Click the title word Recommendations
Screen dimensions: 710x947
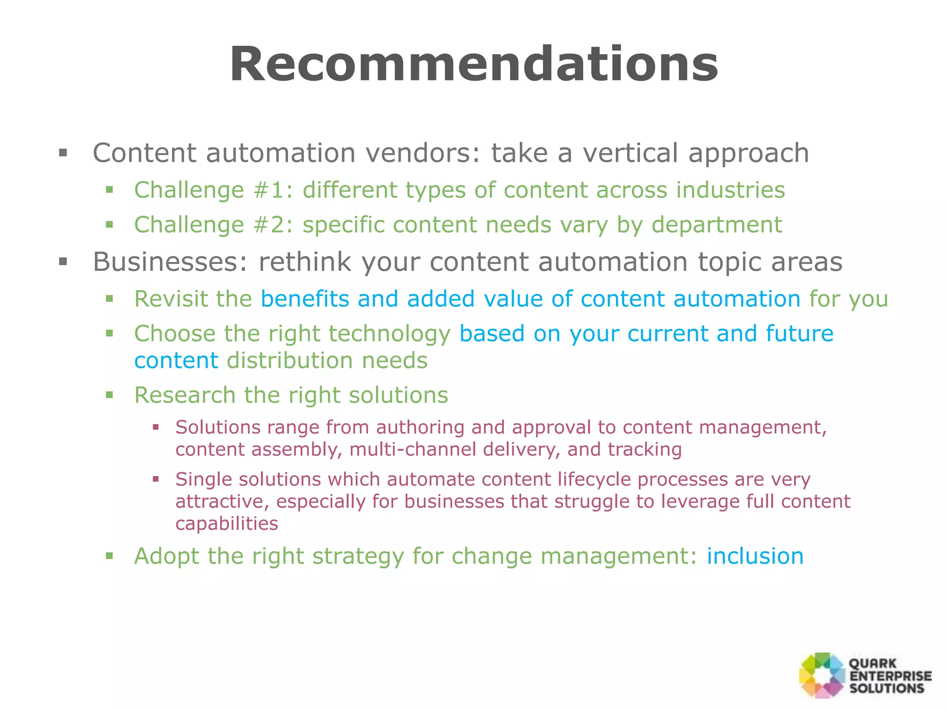pos(473,65)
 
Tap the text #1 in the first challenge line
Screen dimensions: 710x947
pos(269,190)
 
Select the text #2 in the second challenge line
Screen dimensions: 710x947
pos(269,225)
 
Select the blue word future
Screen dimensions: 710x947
pos(799,333)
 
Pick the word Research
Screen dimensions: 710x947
pos(184,395)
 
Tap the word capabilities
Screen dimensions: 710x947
pos(227,524)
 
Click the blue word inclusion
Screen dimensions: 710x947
pos(755,556)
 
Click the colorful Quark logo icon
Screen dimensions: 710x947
pos(822,675)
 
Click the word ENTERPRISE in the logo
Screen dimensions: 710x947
pos(890,676)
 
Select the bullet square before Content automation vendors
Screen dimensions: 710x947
pos(63,153)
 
